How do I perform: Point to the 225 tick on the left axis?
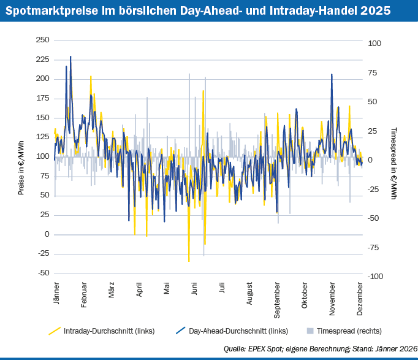pyautogui.click(x=42, y=59)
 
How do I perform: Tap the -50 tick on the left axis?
pyautogui.click(x=42, y=273)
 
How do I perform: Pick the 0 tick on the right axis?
pyautogui.click(x=370, y=160)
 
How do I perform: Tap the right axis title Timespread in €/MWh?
pyautogui.click(x=394, y=164)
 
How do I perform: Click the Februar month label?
pyautogui.click(x=84, y=296)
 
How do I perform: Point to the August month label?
pyautogui.click(x=249, y=294)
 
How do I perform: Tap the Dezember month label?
pyautogui.click(x=360, y=297)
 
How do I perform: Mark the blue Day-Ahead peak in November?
pyautogui.click(x=332, y=75)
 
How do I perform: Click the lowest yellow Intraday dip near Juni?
pyautogui.click(x=189, y=261)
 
